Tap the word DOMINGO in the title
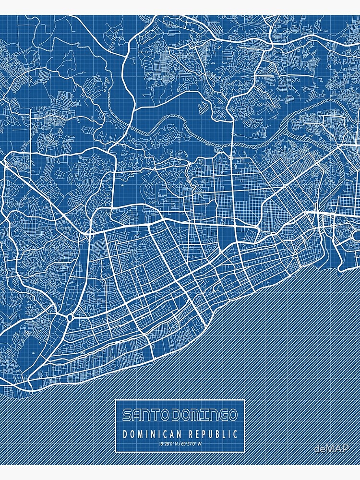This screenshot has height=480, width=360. coord(204,415)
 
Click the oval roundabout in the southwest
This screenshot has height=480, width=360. coord(70,318)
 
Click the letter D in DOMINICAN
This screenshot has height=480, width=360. coord(125,434)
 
